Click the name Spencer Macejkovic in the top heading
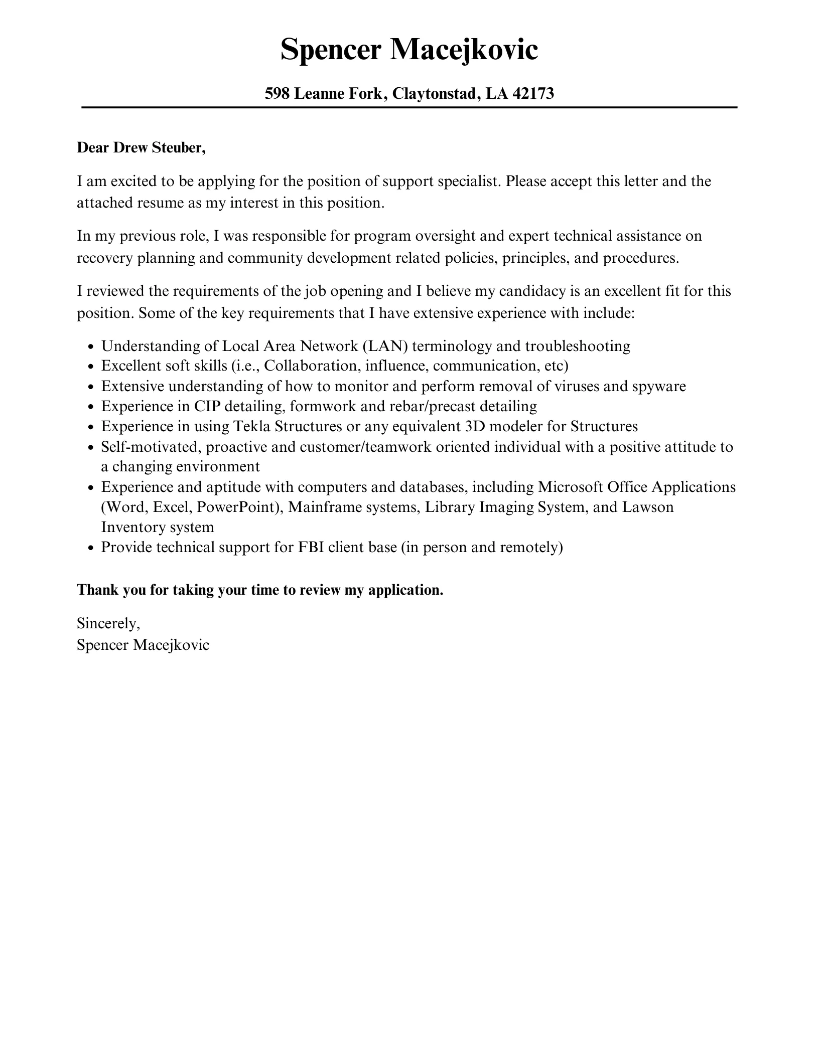pyautogui.click(x=409, y=50)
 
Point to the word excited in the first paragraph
pyautogui.click(x=134, y=181)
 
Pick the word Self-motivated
pyautogui.click(x=151, y=446)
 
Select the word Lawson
pyautogui.click(x=648, y=507)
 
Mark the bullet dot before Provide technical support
pyautogui.click(x=91, y=548)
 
